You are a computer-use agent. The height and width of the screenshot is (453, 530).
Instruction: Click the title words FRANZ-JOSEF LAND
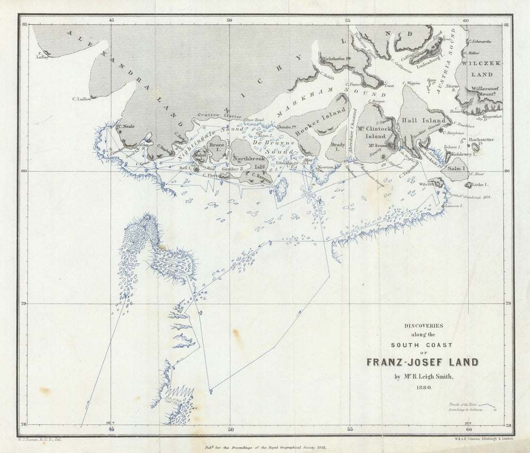pos(422,363)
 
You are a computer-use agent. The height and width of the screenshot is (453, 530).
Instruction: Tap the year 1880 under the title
pos(422,388)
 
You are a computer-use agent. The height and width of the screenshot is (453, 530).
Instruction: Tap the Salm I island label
pos(456,168)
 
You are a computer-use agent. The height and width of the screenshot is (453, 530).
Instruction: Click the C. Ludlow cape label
pos(81,99)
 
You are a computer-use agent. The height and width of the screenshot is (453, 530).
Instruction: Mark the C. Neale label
pos(126,126)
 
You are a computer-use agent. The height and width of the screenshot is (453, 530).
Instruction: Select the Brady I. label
pos(338,147)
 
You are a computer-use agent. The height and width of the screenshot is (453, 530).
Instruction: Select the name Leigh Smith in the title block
pos(431,377)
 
